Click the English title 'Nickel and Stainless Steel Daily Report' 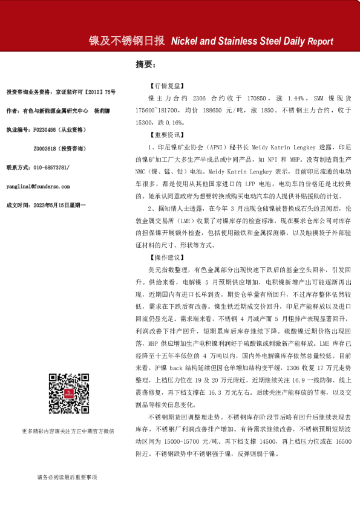tap(252, 42)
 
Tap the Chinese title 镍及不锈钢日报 tap(126, 41)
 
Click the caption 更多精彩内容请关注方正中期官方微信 tap(68, 431)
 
